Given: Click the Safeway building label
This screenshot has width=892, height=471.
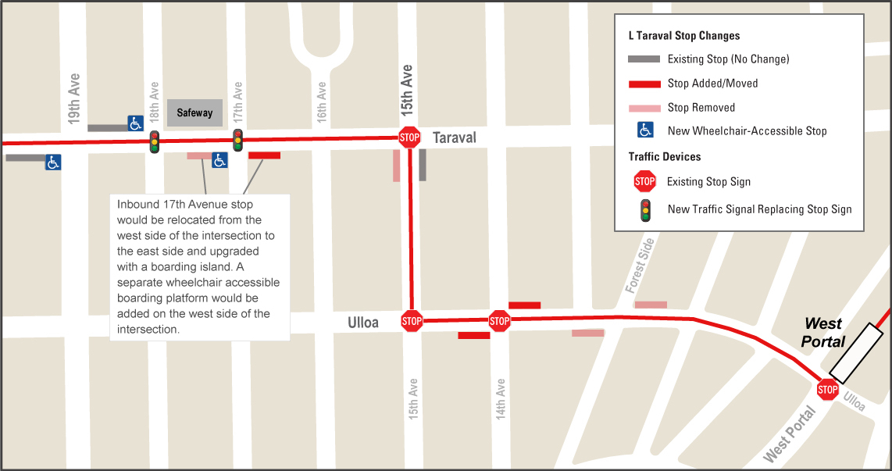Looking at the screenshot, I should pyautogui.click(x=194, y=113).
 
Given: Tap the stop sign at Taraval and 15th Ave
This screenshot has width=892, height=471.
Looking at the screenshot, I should pyautogui.click(x=409, y=137).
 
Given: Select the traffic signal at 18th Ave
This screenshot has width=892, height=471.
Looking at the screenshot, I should pyautogui.click(x=155, y=141).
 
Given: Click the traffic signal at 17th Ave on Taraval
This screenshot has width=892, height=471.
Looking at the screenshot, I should pyautogui.click(x=238, y=140).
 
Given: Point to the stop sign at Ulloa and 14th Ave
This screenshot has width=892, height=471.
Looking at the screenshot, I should pyautogui.click(x=499, y=320).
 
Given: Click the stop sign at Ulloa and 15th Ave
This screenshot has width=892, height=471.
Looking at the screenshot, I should pyautogui.click(x=412, y=320).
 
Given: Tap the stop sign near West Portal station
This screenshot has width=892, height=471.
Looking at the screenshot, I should pyautogui.click(x=827, y=390).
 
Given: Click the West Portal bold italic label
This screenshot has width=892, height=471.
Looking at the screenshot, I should pyautogui.click(x=823, y=332).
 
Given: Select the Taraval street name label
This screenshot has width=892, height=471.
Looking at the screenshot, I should pyautogui.click(x=454, y=138).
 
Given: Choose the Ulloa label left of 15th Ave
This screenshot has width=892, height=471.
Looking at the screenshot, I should pyautogui.click(x=363, y=323).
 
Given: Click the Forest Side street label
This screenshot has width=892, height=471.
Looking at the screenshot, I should pyautogui.click(x=640, y=266).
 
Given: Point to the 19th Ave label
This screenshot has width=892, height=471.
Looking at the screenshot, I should pyautogui.click(x=74, y=99).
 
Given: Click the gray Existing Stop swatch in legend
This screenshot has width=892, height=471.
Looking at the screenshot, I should pyautogui.click(x=644, y=59).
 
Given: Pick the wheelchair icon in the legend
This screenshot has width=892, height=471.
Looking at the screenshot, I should pyautogui.click(x=645, y=130).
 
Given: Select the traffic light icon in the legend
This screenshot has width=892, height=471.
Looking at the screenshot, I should pyautogui.click(x=645, y=209).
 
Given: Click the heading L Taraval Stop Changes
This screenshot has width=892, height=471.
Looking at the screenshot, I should pyautogui.click(x=683, y=36).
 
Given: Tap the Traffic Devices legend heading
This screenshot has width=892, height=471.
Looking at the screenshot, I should pyautogui.click(x=665, y=156).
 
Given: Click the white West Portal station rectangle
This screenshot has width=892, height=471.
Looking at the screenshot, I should pyautogui.click(x=856, y=351).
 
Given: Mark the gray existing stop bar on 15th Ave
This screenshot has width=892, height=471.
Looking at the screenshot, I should pyautogui.click(x=423, y=165).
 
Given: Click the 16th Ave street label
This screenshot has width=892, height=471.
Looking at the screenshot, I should pyautogui.click(x=322, y=102).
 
